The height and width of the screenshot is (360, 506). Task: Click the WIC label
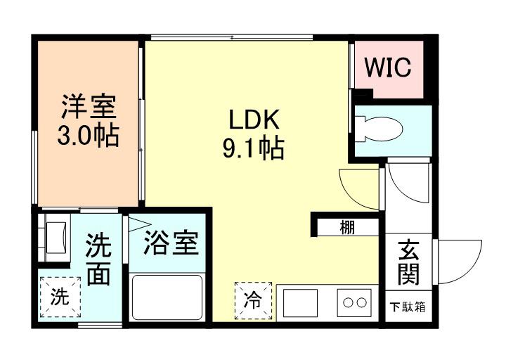tap(387, 68)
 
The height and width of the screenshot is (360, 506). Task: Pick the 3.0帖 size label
tap(87, 134)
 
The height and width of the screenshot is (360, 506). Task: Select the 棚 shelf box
tap(347, 227)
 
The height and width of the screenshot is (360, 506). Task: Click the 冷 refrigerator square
tap(252, 300)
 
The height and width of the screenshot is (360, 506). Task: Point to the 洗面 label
tap(98, 259)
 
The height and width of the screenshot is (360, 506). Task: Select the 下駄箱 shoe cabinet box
tap(408, 307)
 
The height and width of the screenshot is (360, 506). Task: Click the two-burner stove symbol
tap(353, 303)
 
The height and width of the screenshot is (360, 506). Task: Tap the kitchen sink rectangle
tap(301, 302)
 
